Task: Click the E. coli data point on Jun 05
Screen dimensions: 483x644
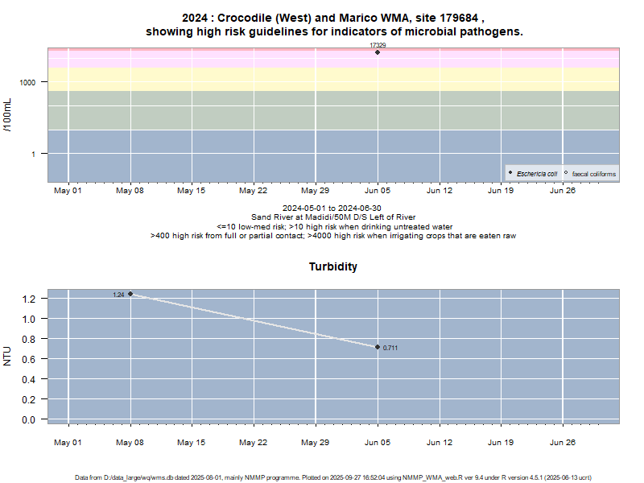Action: click(378, 52)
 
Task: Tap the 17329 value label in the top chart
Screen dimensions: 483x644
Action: click(378, 45)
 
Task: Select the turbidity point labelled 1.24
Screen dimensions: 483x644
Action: click(130, 294)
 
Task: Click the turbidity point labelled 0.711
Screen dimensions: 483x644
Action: click(378, 347)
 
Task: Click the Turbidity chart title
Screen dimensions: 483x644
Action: click(333, 266)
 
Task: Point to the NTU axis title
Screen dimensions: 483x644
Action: click(8, 356)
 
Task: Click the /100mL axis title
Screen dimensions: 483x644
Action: click(8, 115)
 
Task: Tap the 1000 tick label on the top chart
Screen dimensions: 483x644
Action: click(30, 82)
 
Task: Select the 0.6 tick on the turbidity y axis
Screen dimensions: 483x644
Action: click(30, 359)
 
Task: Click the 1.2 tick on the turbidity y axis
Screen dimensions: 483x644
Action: click(30, 299)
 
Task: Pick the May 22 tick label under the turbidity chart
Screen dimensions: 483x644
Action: click(254, 442)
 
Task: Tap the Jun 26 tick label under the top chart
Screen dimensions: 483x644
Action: click(563, 191)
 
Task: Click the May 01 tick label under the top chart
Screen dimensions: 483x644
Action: click(68, 191)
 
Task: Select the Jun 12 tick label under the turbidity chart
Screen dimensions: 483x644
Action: click(440, 442)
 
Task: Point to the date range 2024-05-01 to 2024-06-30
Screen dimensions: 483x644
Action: click(333, 208)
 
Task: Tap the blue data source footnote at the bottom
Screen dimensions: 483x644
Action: click(333, 477)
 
